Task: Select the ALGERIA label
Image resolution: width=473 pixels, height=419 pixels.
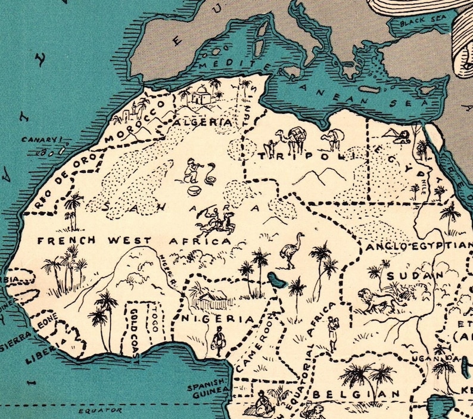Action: [x=203, y=122]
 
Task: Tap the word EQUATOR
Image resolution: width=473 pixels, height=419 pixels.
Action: [x=102, y=411]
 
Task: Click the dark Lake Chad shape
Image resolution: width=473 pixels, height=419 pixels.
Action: [x=275, y=278]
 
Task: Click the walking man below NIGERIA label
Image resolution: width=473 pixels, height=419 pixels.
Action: [x=219, y=339]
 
